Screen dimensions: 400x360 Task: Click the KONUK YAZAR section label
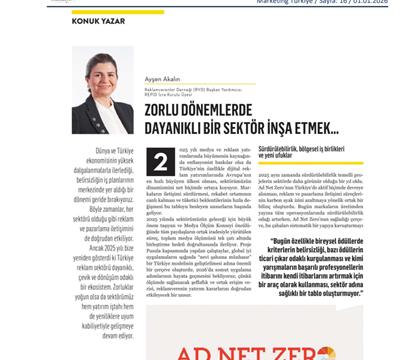point(93,21)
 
